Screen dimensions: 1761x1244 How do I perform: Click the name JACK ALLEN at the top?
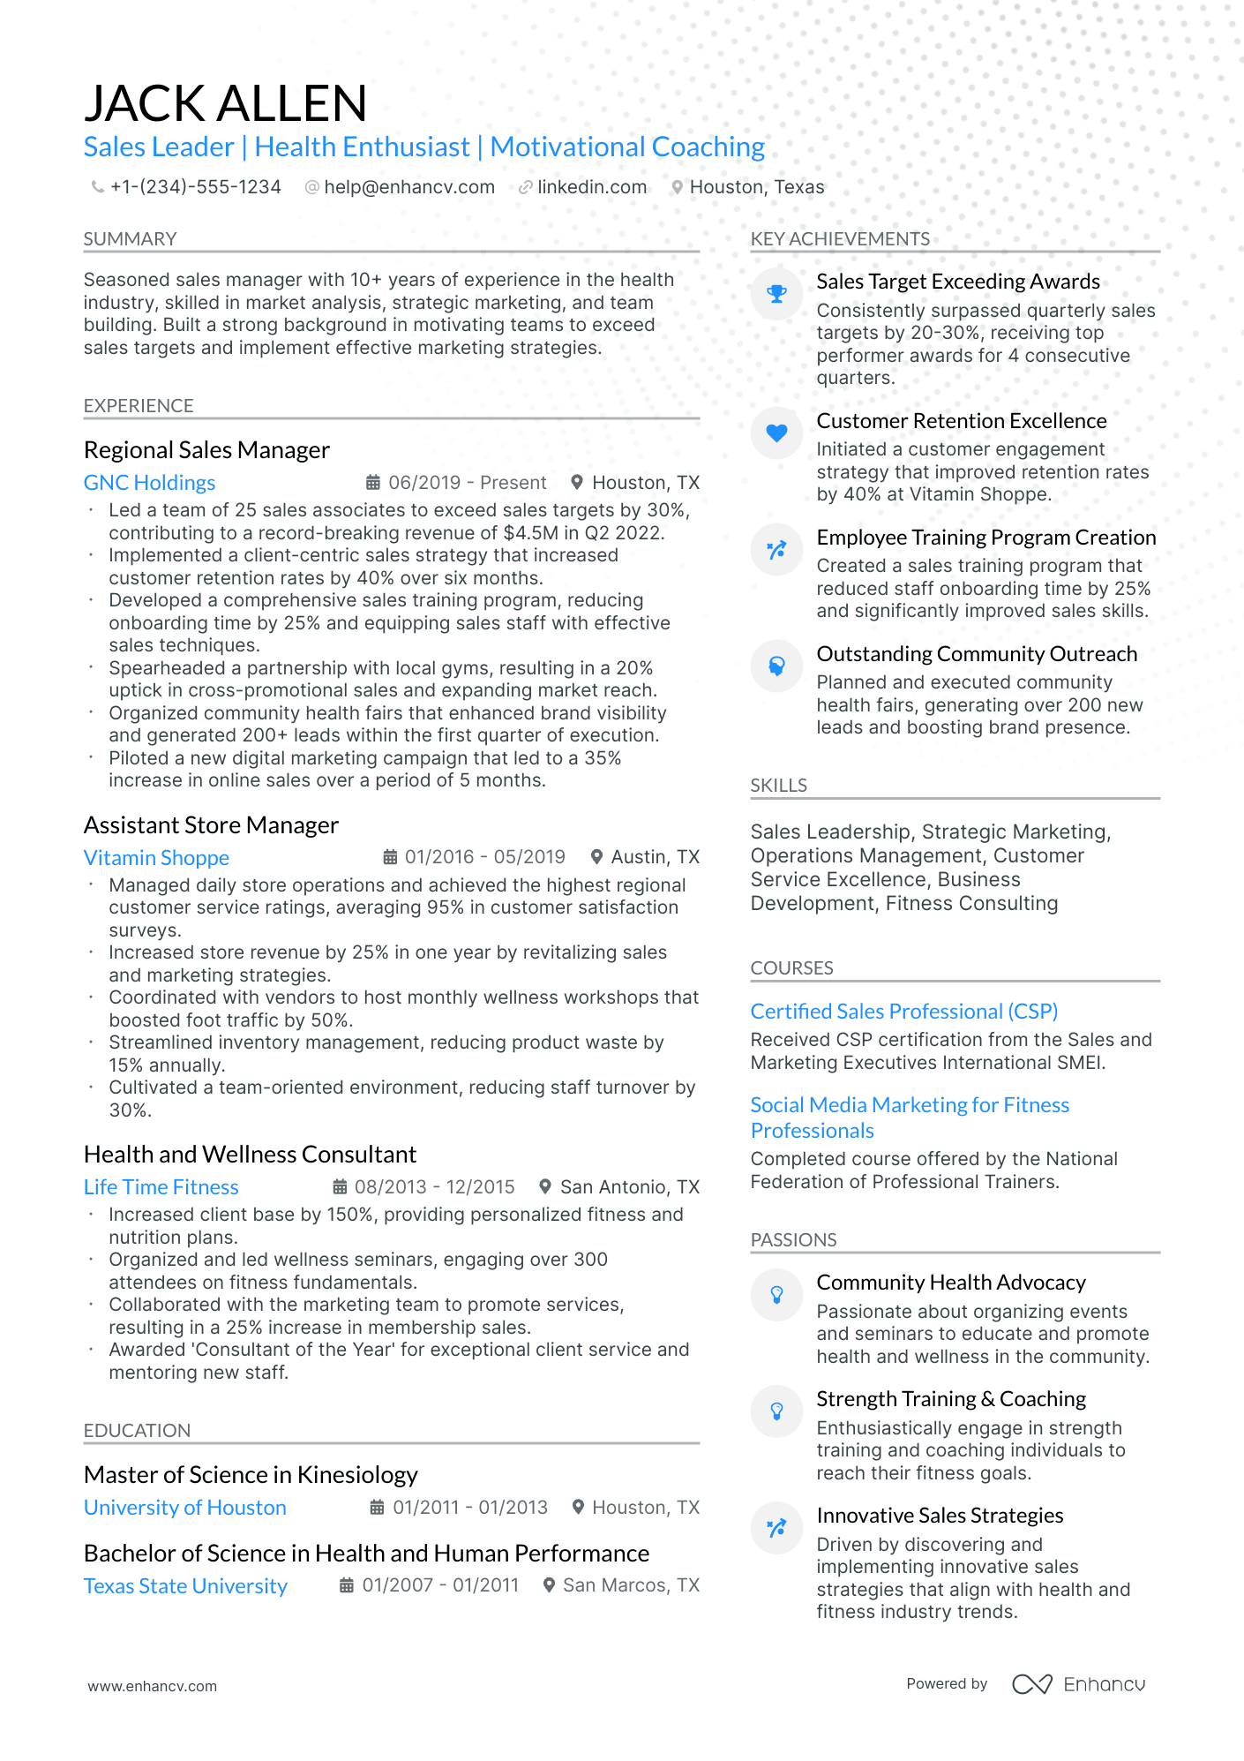coord(225,103)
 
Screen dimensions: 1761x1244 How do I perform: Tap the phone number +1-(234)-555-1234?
coord(195,187)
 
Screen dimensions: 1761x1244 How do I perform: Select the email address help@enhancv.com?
coord(408,187)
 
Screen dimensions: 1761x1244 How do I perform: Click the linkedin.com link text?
coord(591,187)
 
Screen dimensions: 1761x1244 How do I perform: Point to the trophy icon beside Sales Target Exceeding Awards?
coord(776,294)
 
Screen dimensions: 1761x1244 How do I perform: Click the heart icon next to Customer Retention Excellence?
coord(776,433)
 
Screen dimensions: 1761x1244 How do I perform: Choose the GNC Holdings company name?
coord(149,483)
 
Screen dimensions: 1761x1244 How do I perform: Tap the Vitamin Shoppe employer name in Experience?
coord(156,858)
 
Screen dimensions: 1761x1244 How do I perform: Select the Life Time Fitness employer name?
coord(161,1187)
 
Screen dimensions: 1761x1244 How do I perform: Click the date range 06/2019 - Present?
coord(467,483)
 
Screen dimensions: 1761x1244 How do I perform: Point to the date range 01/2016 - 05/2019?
coord(484,857)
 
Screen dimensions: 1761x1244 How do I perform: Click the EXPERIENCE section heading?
coord(139,406)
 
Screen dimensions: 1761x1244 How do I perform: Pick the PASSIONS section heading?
coord(793,1240)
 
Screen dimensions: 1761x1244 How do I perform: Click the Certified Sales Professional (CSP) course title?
coord(903,1012)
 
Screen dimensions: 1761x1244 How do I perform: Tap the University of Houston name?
coord(184,1508)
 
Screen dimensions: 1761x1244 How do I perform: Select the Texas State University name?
coord(185,1586)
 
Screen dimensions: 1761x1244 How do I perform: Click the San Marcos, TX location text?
coord(631,1585)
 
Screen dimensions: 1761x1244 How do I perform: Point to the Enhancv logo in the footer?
coord(1078,1684)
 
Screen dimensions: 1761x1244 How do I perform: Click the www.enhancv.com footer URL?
coord(152,1686)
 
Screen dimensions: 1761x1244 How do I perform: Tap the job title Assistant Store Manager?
coord(211,825)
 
